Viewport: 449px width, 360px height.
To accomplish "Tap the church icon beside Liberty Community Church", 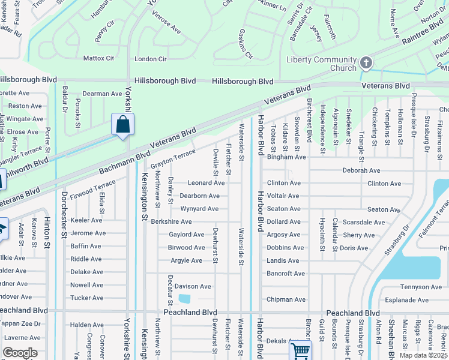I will click(366, 62).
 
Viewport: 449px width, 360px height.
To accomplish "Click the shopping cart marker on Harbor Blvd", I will click(300, 350).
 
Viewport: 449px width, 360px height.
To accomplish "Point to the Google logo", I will click(20, 353).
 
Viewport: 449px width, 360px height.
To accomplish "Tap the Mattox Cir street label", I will click(98, 59).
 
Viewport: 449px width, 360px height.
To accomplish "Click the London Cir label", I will click(150, 59).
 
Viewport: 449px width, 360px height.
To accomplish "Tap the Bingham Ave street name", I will click(286, 157).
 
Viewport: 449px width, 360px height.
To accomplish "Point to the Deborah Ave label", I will click(361, 170).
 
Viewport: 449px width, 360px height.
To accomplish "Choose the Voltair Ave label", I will click(283, 196).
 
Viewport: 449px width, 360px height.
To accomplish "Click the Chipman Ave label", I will click(286, 299).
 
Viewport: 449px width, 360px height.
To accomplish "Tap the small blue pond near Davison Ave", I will click(185, 298).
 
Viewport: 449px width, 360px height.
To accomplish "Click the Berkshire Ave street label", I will click(171, 222).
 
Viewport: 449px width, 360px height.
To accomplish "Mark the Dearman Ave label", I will click(102, 94).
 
